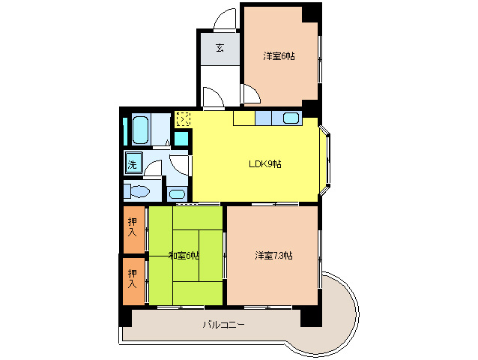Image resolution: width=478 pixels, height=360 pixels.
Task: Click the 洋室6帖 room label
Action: [279, 56]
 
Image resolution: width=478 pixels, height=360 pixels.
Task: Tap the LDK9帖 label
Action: [265, 164]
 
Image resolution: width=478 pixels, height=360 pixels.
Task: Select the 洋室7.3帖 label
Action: [273, 255]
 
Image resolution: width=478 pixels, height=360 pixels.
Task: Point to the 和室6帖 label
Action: [184, 255]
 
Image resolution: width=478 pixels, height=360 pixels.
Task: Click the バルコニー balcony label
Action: [224, 324]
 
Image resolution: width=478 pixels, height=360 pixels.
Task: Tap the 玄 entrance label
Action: [220, 48]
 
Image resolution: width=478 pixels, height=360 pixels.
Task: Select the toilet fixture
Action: [137, 191]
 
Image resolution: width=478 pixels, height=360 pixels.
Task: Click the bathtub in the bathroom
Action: [141, 129]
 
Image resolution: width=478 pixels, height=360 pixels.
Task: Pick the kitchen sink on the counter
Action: [291, 118]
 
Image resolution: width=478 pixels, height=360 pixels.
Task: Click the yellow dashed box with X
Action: [184, 119]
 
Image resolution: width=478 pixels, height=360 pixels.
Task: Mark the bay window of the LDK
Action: [325, 160]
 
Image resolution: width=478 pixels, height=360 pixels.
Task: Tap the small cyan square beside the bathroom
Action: [181, 139]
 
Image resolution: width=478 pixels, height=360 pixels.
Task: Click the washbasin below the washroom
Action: [177, 193]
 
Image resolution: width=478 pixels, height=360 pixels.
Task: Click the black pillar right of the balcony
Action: [311, 317]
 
